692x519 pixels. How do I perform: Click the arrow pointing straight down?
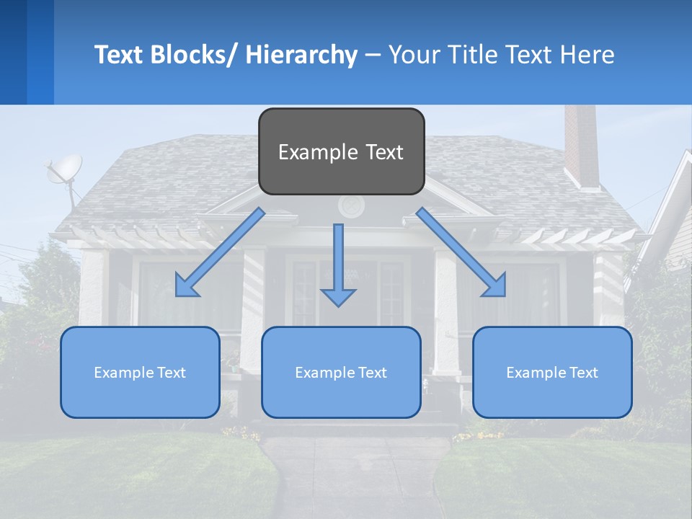pos(338,267)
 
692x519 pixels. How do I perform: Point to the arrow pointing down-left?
pos(221,252)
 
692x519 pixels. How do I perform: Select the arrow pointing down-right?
pos(461,252)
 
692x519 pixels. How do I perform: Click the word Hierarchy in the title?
pos(301,55)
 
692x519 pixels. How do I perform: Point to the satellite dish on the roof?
pos(64,170)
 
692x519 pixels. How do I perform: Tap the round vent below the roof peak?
pos(351,207)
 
